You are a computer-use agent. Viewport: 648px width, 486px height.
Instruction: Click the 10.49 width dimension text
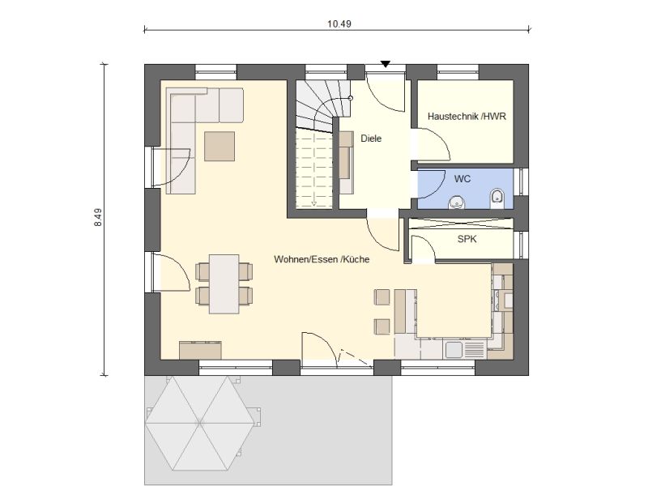(339, 24)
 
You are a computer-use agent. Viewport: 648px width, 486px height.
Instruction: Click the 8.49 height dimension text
(98, 217)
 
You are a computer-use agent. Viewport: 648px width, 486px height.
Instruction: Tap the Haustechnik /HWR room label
(467, 117)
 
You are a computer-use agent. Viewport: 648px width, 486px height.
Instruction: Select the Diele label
(371, 139)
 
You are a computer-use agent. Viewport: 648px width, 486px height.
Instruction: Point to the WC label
(462, 179)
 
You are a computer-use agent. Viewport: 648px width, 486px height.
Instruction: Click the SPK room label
(467, 239)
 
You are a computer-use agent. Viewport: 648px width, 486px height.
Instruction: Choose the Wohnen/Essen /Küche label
(322, 259)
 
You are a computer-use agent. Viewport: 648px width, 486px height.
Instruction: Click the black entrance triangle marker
(386, 64)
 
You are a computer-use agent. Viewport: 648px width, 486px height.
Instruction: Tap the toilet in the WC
(496, 198)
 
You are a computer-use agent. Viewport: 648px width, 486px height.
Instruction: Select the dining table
(224, 284)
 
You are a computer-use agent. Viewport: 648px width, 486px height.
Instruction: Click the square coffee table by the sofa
(220, 147)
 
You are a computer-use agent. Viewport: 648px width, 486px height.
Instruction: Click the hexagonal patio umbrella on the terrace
(200, 423)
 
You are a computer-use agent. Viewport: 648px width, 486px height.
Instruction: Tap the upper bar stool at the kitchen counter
(382, 297)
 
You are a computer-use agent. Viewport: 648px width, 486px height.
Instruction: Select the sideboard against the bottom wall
(200, 350)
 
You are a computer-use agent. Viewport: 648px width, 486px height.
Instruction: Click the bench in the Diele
(346, 163)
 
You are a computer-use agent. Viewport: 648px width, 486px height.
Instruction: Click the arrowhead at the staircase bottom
(314, 203)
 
